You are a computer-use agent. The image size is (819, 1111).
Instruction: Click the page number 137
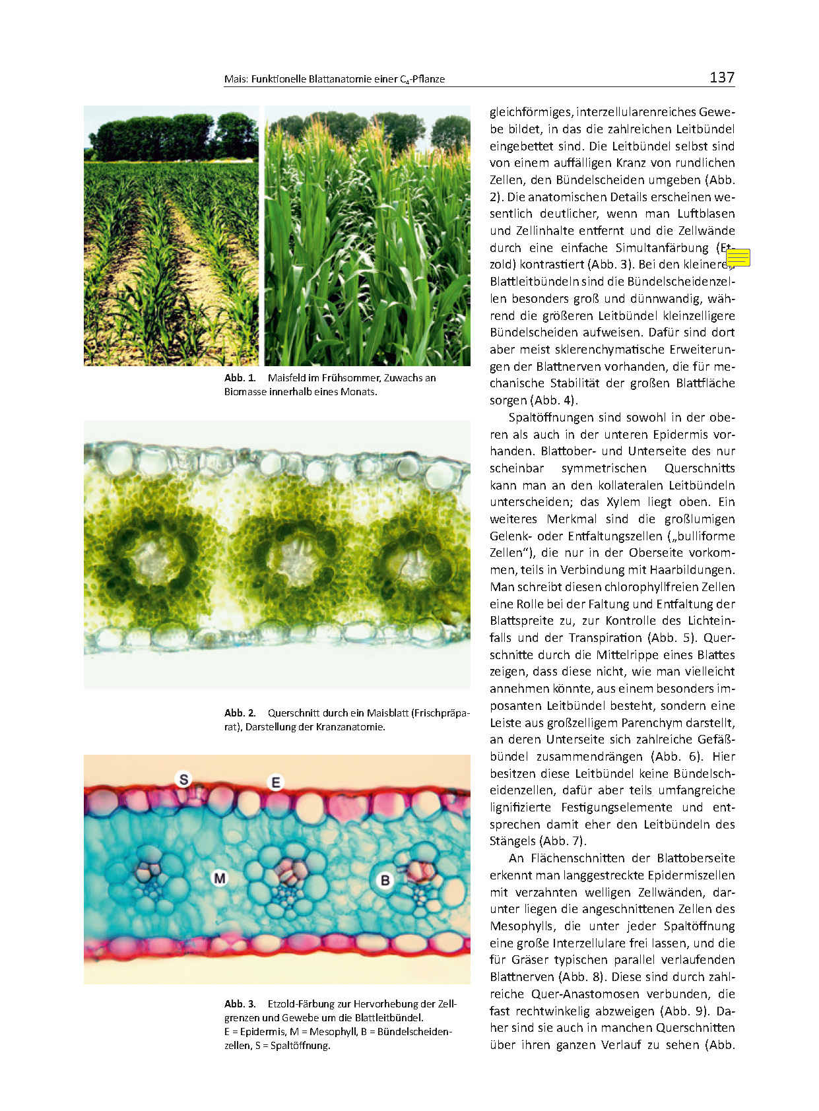click(721, 77)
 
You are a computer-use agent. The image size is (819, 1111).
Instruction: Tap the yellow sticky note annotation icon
click(738, 257)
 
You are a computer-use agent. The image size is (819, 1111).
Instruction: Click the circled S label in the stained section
click(183, 779)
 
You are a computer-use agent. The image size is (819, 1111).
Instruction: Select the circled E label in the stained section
click(276, 782)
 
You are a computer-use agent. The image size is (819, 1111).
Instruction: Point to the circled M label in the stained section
click(219, 878)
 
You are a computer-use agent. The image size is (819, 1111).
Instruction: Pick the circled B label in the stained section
click(385, 880)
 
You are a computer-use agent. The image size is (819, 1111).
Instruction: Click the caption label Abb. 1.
click(240, 378)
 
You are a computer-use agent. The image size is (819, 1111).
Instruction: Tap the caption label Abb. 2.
click(240, 713)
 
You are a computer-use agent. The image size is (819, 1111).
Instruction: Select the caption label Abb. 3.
click(240, 1004)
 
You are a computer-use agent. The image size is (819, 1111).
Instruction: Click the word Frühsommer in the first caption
click(351, 378)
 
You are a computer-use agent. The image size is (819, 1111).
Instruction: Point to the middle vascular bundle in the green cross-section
click(292, 558)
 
